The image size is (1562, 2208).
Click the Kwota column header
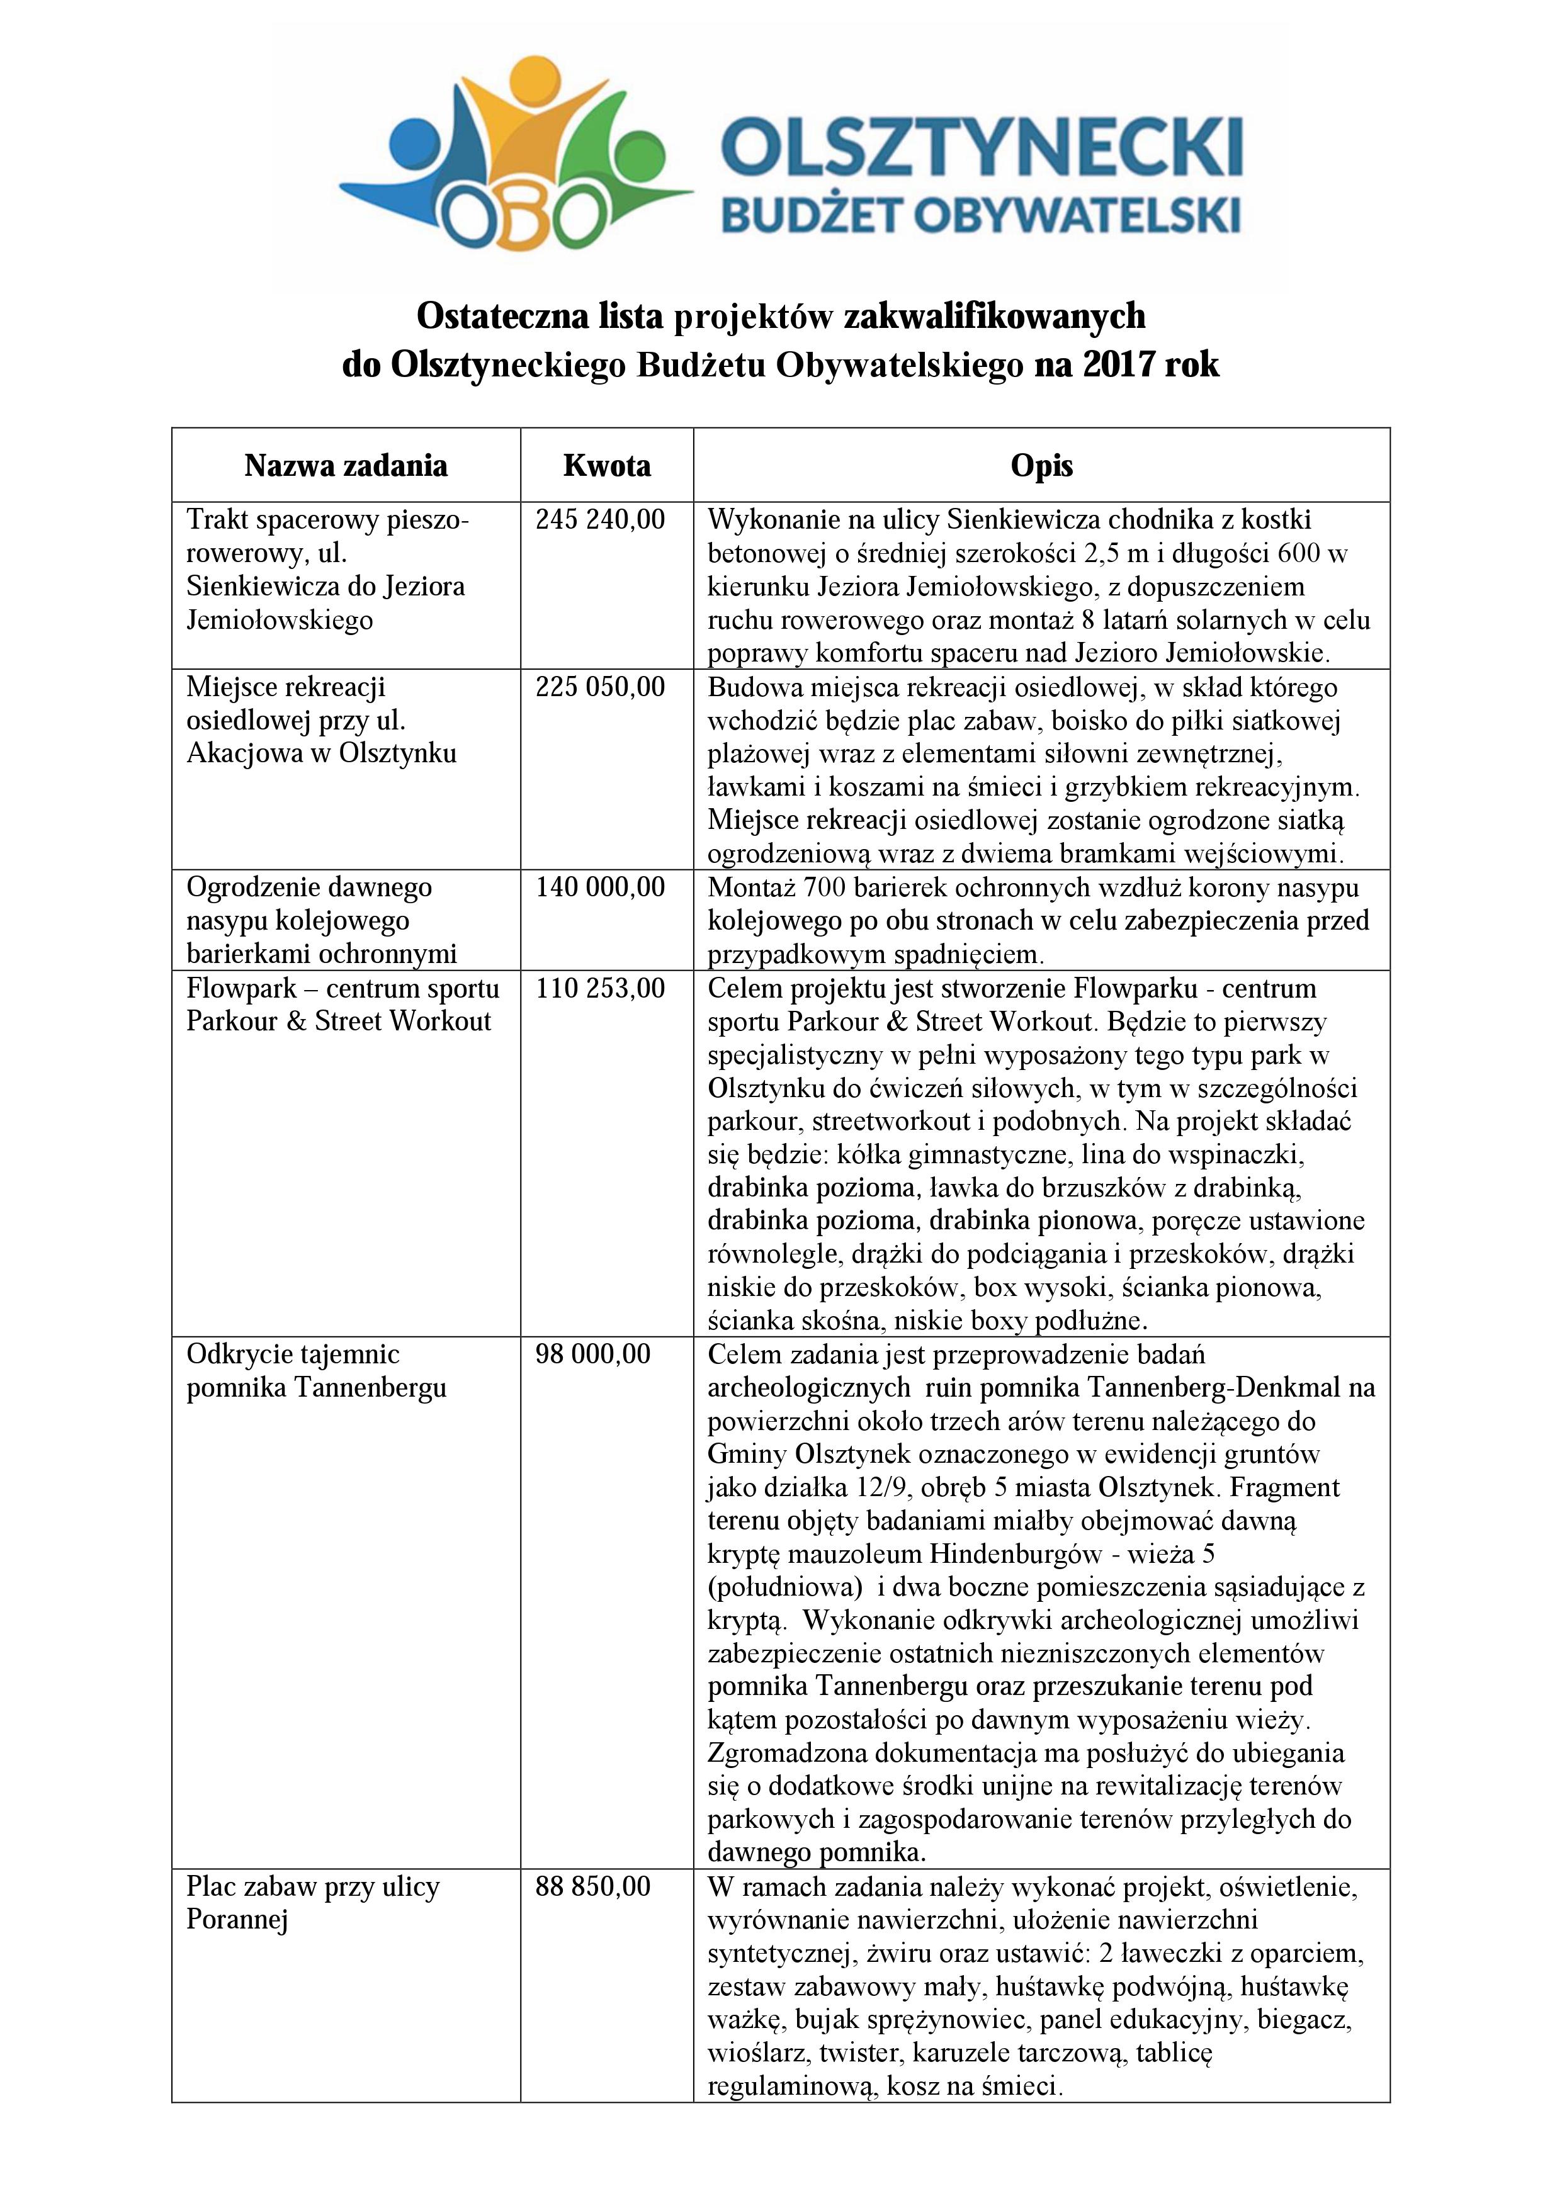(607, 466)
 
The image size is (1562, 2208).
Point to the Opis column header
(1042, 466)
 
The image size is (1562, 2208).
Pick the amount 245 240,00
(600, 521)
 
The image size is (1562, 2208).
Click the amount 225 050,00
(600, 687)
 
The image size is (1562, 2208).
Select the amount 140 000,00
(600, 887)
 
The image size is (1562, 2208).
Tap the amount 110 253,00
(600, 989)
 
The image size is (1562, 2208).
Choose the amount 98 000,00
(592, 1355)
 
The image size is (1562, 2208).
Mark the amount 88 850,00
(592, 1887)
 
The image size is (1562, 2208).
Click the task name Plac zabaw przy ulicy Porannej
(313, 1903)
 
